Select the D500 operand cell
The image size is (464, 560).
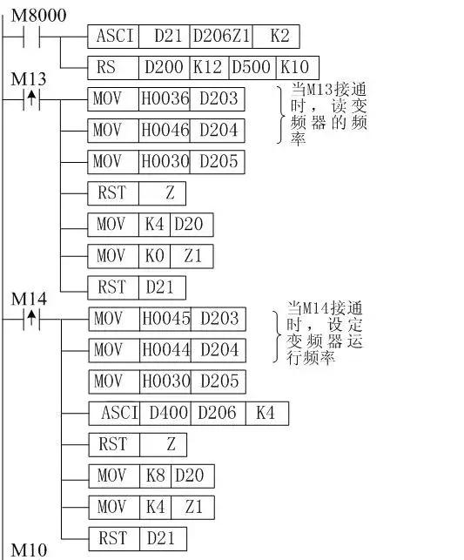[252, 68]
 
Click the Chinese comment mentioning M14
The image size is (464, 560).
[325, 334]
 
